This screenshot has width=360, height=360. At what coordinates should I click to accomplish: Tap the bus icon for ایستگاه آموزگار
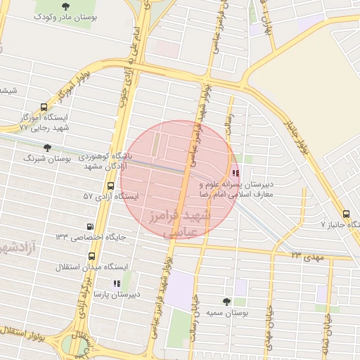[44, 108]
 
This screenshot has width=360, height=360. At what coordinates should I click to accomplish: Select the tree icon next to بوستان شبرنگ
[47, 148]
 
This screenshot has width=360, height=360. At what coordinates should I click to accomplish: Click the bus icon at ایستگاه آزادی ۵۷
[110, 186]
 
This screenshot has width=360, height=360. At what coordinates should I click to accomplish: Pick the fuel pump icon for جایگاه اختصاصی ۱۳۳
[89, 226]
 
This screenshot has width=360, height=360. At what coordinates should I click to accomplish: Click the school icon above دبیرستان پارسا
[117, 283]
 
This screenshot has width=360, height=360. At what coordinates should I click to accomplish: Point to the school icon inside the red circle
[235, 172]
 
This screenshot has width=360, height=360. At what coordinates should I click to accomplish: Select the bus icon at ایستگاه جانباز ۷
[345, 214]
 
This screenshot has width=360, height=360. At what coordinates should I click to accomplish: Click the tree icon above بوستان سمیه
[226, 301]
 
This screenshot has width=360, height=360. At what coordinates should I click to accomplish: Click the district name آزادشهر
[15, 247]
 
